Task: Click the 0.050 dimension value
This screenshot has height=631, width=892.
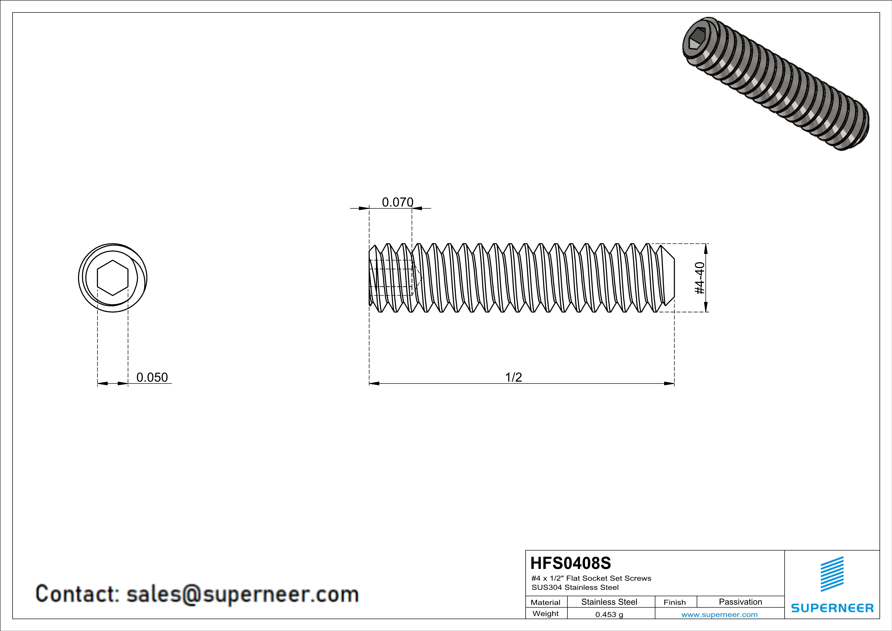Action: [152, 377]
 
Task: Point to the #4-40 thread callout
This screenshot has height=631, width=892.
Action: [699, 278]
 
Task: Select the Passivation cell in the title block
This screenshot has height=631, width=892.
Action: [740, 602]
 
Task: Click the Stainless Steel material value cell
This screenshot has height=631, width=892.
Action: [609, 602]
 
